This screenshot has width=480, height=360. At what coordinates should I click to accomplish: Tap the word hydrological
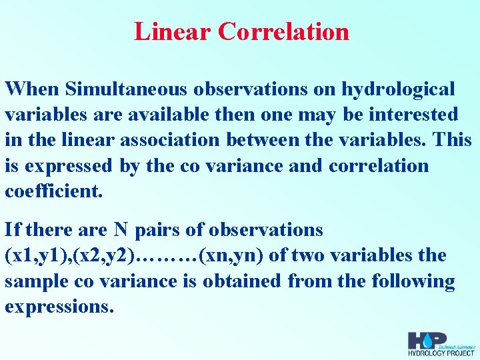tap(398, 89)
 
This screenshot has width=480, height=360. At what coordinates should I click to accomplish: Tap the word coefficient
tap(54, 191)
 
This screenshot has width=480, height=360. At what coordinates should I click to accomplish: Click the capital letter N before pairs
tap(120, 230)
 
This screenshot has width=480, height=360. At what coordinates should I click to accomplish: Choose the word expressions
tap(59, 307)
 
